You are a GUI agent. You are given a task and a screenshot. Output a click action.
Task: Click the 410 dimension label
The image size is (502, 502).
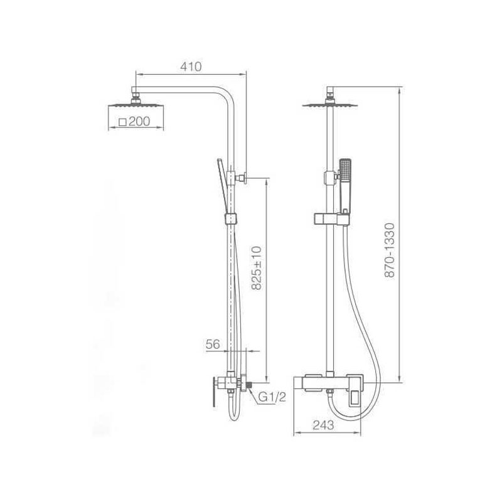click(191, 67)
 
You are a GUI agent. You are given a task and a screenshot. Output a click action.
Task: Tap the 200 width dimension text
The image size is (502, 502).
click(139, 122)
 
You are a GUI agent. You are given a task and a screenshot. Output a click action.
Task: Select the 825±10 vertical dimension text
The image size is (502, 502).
click(257, 268)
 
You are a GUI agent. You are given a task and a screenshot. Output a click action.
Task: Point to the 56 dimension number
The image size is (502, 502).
click(213, 344)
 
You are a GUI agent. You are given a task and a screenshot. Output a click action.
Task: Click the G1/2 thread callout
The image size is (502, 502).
click(272, 397)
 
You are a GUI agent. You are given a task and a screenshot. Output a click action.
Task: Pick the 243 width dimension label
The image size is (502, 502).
click(323, 425)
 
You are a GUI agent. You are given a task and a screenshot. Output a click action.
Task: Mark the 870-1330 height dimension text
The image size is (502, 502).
click(390, 250)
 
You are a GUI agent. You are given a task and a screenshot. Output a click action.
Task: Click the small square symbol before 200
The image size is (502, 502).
click(122, 122)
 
